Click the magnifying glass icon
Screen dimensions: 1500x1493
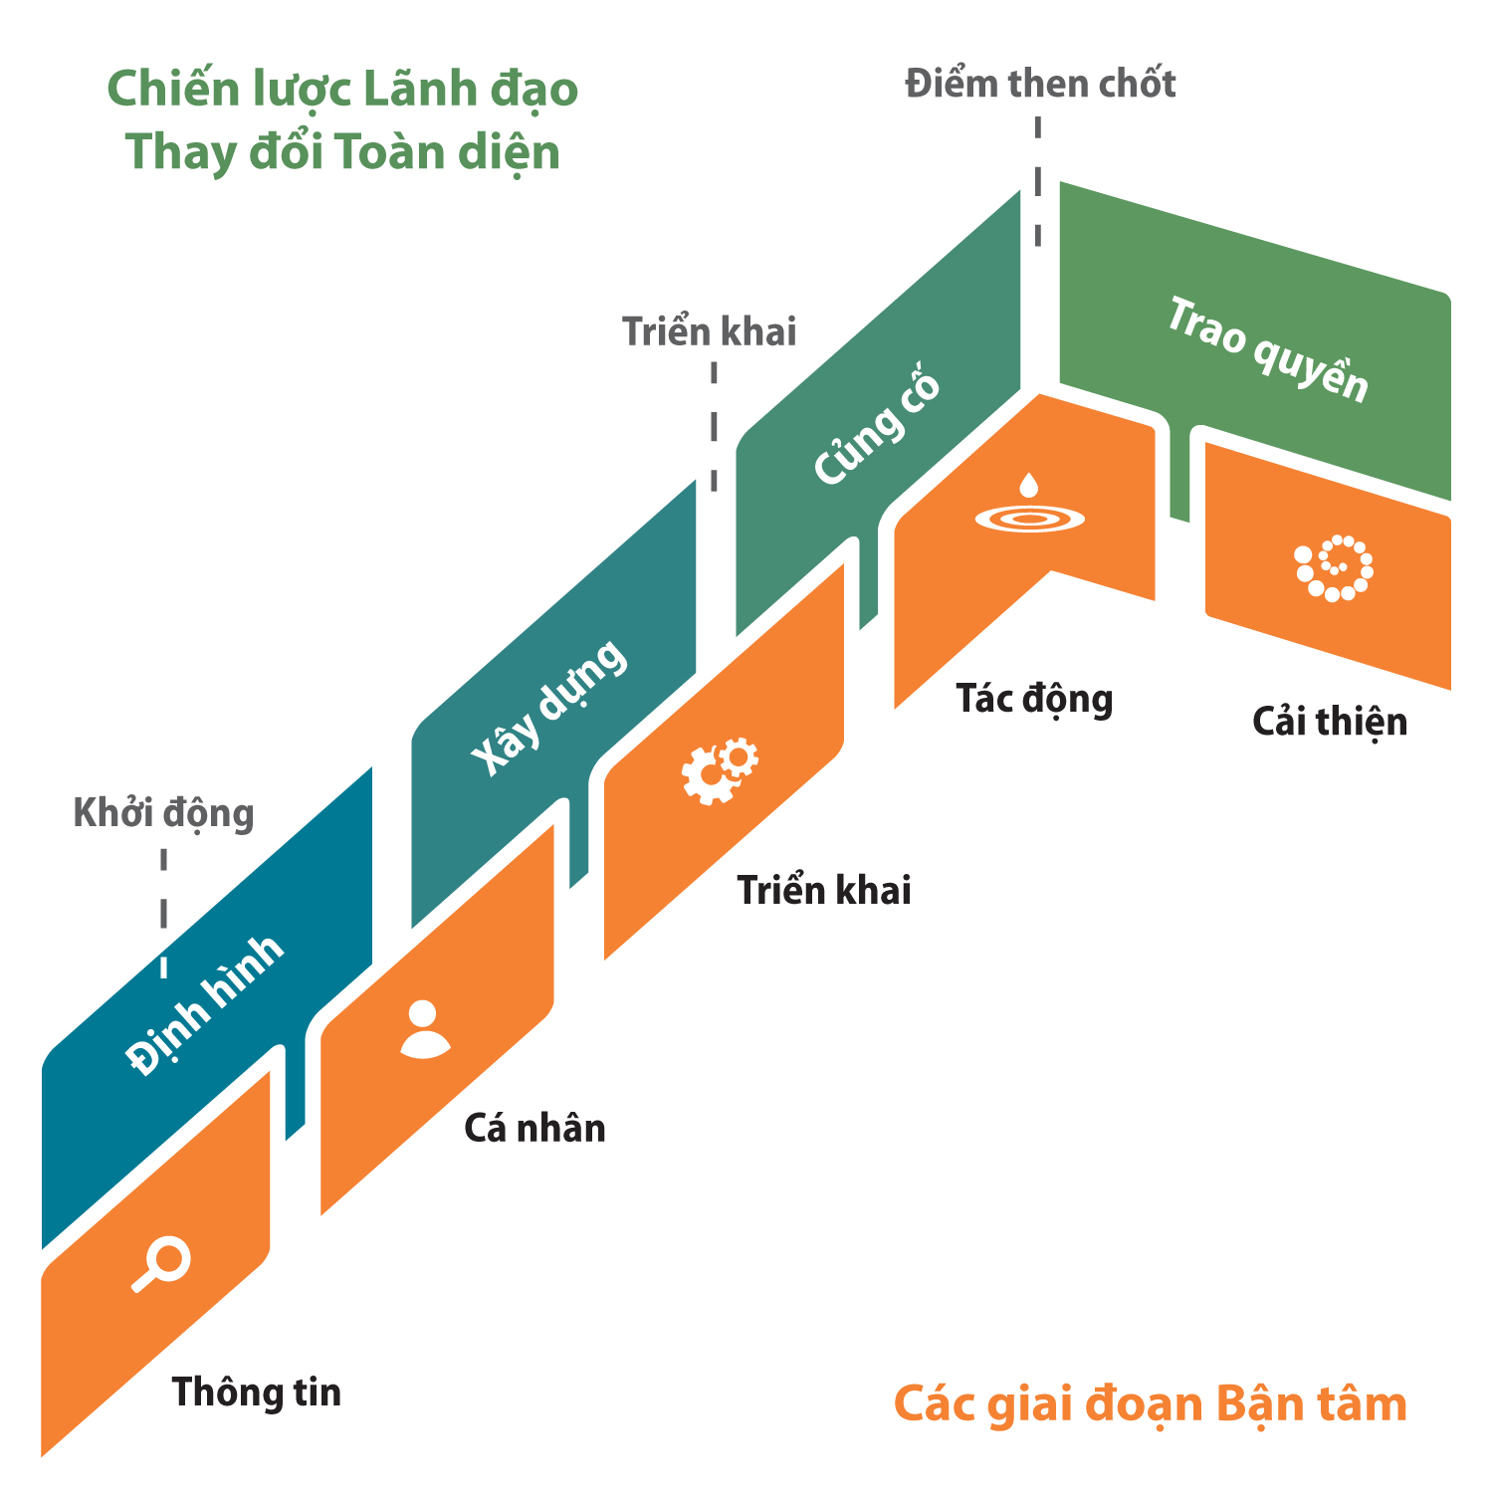pyautogui.click(x=162, y=1264)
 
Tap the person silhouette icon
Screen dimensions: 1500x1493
pyautogui.click(x=424, y=1029)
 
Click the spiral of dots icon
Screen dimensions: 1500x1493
pyautogui.click(x=1334, y=568)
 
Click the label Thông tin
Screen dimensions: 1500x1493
pyautogui.click(x=256, y=1392)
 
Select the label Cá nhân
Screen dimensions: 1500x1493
pyautogui.click(x=534, y=1129)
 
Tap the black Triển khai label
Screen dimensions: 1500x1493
pyautogui.click(x=823, y=890)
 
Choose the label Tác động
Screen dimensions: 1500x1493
pyautogui.click(x=1034, y=699)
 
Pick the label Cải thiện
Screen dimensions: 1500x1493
pyautogui.click(x=1330, y=722)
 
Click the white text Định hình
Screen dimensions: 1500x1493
pyautogui.click(x=206, y=1005)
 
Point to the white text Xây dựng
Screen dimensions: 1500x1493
pyautogui.click(x=549, y=707)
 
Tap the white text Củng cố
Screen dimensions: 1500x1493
pyautogui.click(x=877, y=430)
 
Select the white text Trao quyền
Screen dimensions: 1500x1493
pyautogui.click(x=1267, y=350)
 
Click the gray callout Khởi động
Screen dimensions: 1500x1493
pyautogui.click(x=163, y=813)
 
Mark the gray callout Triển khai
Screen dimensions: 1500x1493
pyautogui.click(x=709, y=331)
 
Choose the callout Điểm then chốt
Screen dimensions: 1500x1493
pyautogui.click(x=1039, y=85)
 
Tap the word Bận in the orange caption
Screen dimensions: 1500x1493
pyautogui.click(x=1259, y=1405)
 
